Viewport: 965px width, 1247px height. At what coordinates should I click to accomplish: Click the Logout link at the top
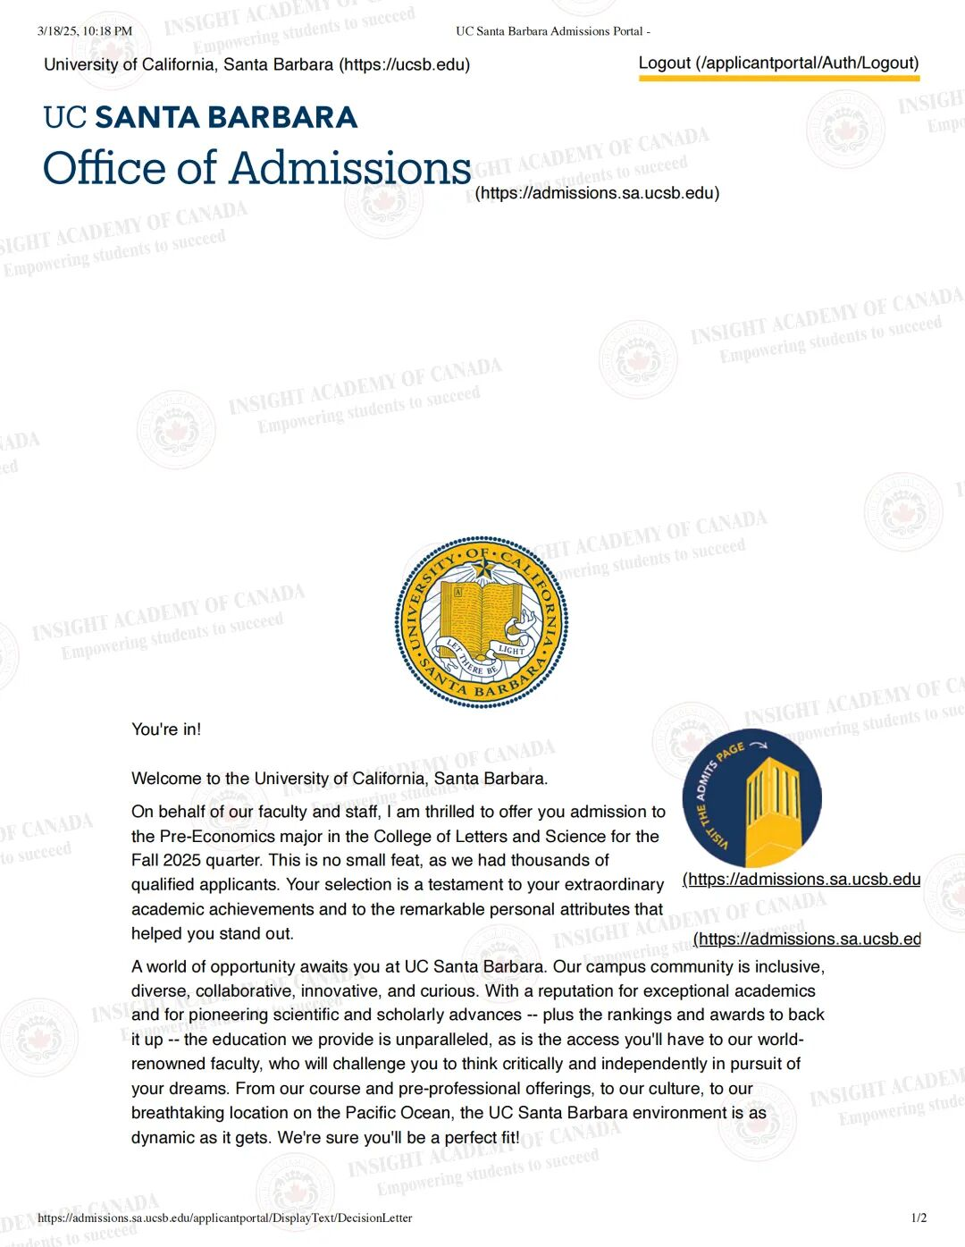click(x=777, y=63)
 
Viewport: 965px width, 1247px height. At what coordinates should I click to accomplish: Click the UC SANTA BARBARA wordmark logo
click(x=200, y=117)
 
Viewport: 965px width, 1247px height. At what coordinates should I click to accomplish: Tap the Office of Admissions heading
click(x=256, y=168)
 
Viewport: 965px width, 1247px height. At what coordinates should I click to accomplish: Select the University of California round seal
click(x=482, y=622)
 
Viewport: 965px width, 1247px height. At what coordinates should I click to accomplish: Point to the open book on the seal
click(x=483, y=617)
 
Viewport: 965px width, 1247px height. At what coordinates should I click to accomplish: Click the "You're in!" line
click(x=166, y=729)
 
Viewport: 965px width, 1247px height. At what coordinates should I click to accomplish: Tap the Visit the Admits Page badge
click(x=751, y=797)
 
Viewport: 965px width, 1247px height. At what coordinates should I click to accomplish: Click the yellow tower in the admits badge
click(x=770, y=805)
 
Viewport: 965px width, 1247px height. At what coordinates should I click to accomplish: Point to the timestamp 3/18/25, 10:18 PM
click(x=85, y=31)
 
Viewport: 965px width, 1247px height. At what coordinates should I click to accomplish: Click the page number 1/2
click(x=919, y=1218)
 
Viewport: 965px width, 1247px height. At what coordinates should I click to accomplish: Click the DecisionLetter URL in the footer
click(x=224, y=1218)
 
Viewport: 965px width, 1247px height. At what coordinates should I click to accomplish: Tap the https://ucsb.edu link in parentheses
click(x=404, y=64)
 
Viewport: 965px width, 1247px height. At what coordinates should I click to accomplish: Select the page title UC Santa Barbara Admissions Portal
click(x=552, y=31)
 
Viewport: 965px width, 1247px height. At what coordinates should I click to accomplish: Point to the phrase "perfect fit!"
click(x=482, y=1138)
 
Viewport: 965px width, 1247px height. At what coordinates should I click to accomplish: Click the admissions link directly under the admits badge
click(x=801, y=880)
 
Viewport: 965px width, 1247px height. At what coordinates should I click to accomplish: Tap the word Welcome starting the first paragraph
click(x=164, y=779)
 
